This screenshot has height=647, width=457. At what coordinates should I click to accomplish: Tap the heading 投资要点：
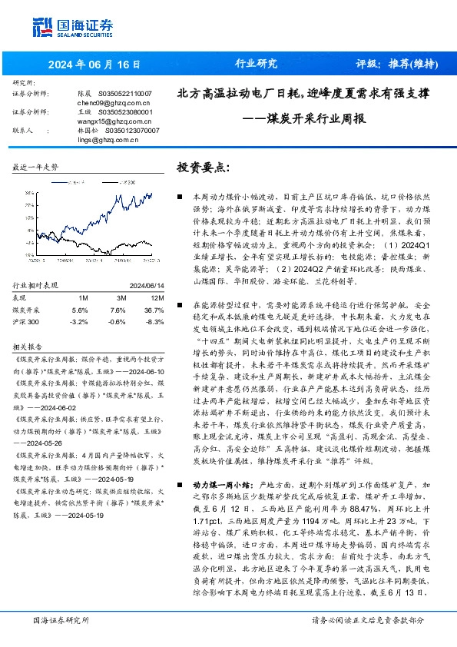tap(203, 167)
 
